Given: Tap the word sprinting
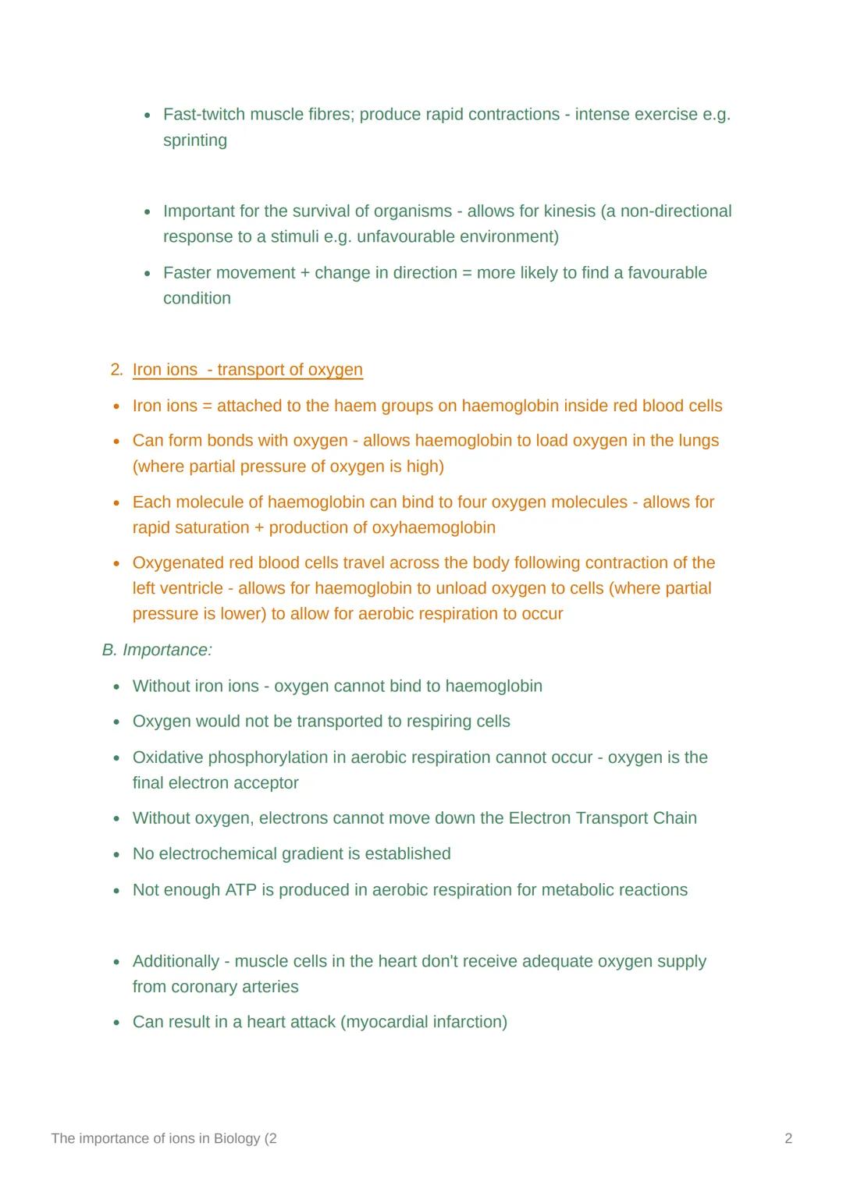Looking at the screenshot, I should pyautogui.click(x=195, y=140).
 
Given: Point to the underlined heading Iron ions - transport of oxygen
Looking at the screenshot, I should pyautogui.click(x=247, y=370).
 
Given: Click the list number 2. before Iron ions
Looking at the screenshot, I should pyautogui.click(x=116, y=370).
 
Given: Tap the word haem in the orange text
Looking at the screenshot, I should pyautogui.click(x=354, y=406).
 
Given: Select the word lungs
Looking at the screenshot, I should pyautogui.click(x=698, y=441).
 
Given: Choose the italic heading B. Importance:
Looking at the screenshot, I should pyautogui.click(x=157, y=650).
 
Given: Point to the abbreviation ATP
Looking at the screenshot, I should pyautogui.click(x=240, y=890).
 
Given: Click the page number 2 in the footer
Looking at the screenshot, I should pyautogui.click(x=788, y=1139).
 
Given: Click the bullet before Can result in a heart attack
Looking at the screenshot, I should pyautogui.click(x=116, y=1023).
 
